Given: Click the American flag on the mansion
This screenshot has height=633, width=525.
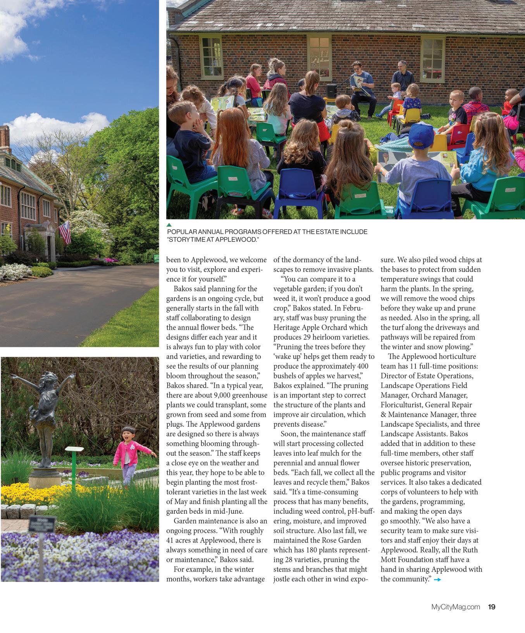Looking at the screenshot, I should tap(65, 232).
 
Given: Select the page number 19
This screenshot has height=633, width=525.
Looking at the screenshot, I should tap(491, 607).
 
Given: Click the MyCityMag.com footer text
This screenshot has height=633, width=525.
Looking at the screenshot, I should tap(456, 607).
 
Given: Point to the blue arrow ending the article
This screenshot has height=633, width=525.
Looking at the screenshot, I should tap(437, 580).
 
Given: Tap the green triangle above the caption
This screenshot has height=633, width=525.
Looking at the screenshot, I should tap(169, 225).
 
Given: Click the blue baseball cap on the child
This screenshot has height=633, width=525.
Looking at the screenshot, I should tap(421, 135).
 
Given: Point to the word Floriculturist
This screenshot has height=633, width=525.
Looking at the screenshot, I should tap(401, 405).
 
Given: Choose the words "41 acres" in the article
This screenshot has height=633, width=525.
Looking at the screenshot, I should tap(185, 541).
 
